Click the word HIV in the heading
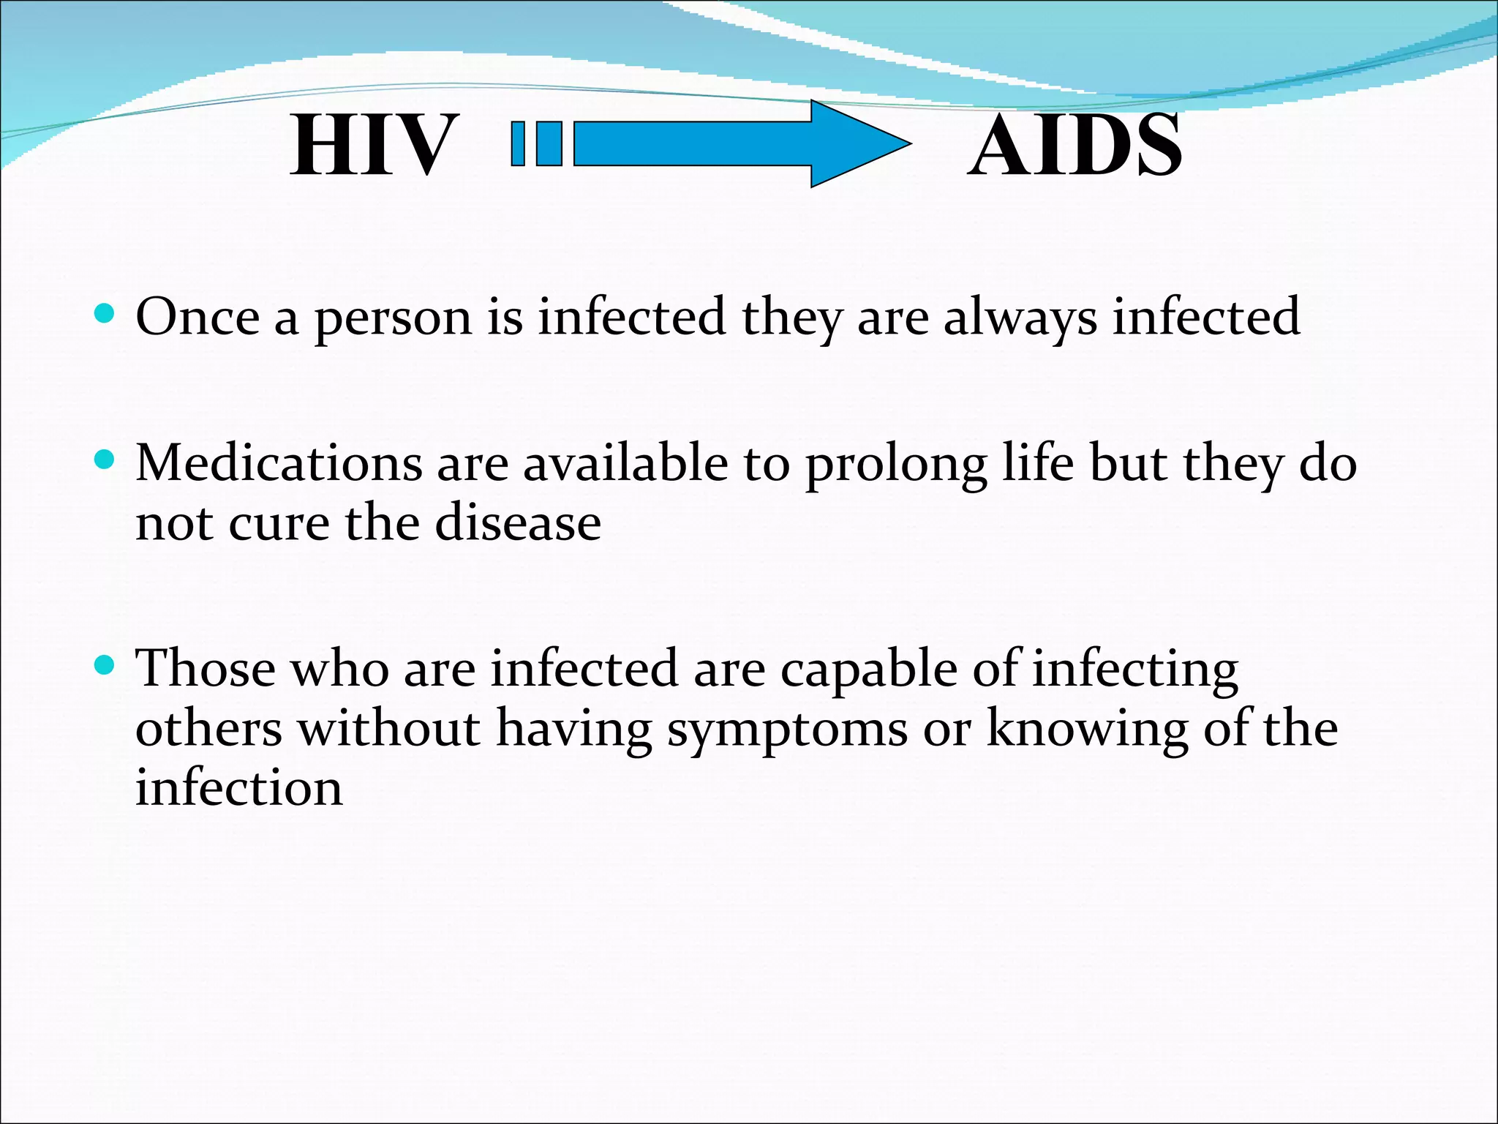374,146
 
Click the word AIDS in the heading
1074,146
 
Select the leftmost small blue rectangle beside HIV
519,143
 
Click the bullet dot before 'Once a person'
105,314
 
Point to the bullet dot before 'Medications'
105,460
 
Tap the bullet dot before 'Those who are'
105,665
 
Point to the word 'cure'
279,524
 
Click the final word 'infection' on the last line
238,788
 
